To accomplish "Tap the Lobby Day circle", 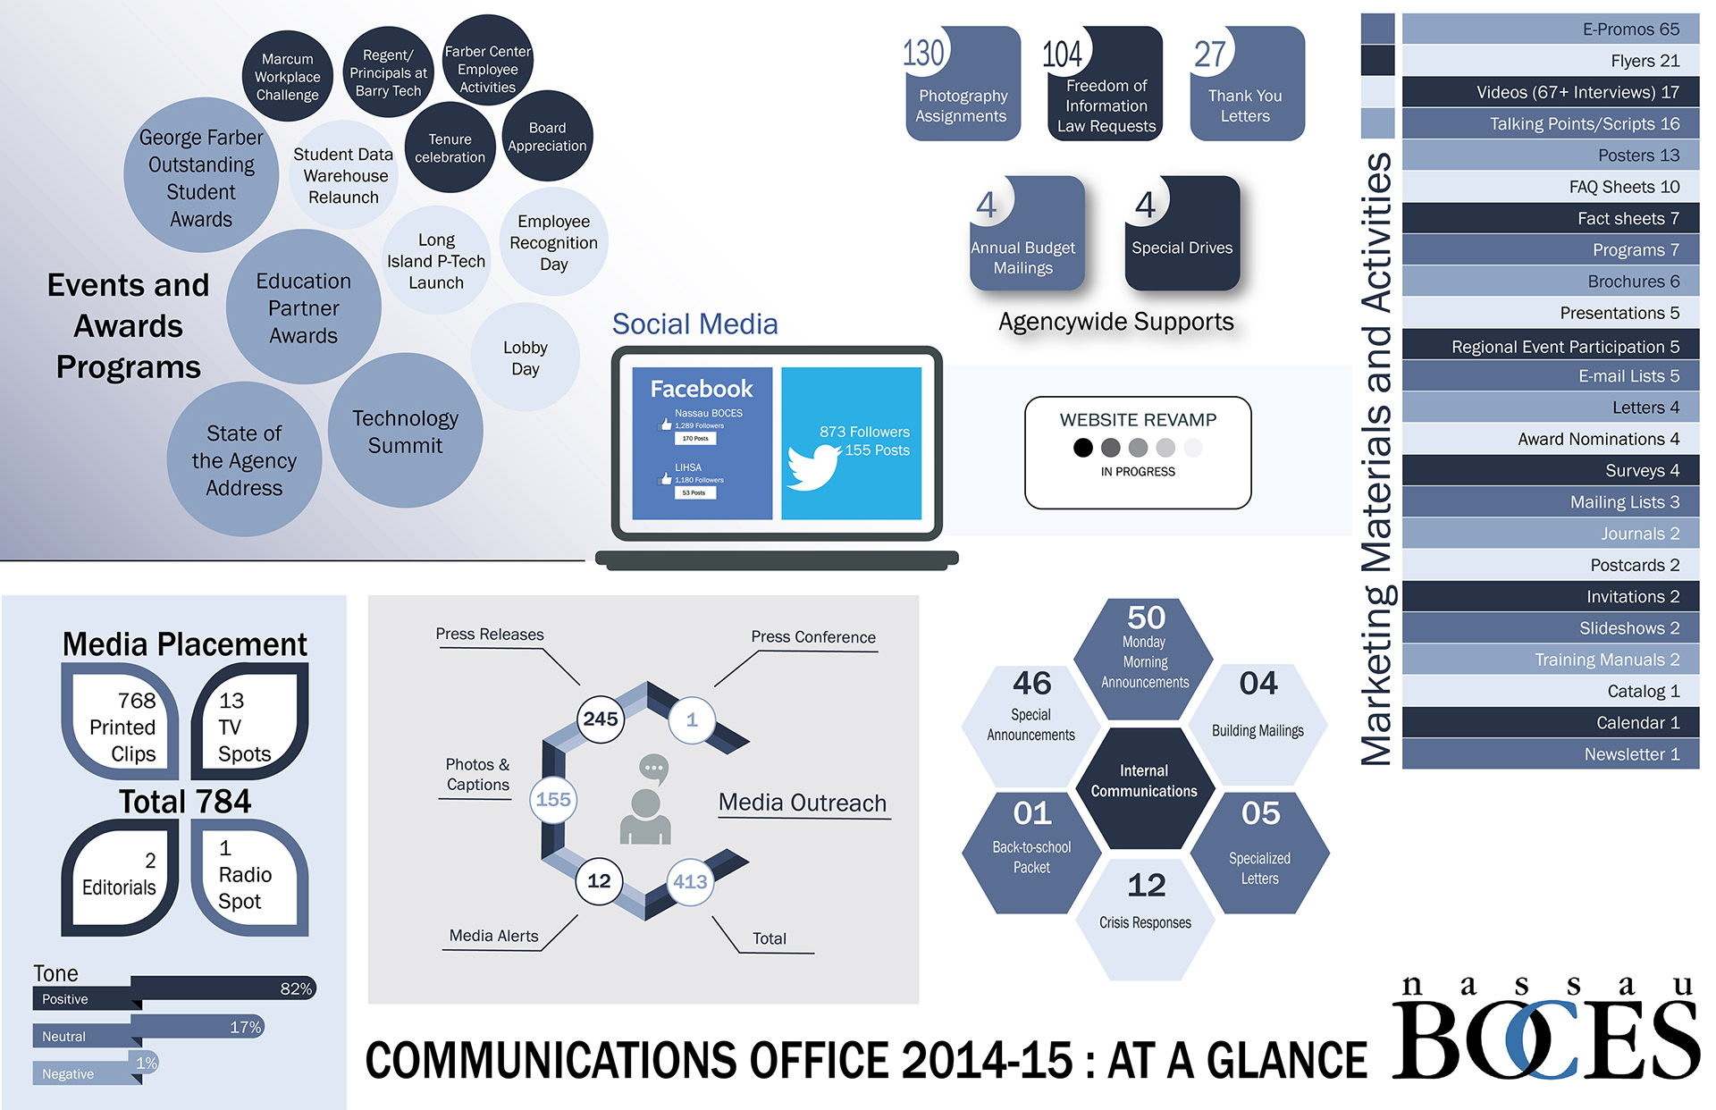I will pos(526,357).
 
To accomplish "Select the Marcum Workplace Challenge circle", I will pos(287,77).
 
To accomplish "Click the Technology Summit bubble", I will pos(405,431).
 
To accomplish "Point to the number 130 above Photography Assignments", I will pos(923,53).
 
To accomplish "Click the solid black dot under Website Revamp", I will pos(1082,447).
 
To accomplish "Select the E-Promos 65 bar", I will pos(1550,29).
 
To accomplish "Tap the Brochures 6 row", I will pos(1550,282).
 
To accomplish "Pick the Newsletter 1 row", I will pos(1550,754).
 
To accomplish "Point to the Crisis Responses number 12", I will pos(1146,885).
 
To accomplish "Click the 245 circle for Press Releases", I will pos(601,719).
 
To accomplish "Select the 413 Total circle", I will pos(690,881).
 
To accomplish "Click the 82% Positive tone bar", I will pos(223,988).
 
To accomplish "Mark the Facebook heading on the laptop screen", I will pos(702,389).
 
